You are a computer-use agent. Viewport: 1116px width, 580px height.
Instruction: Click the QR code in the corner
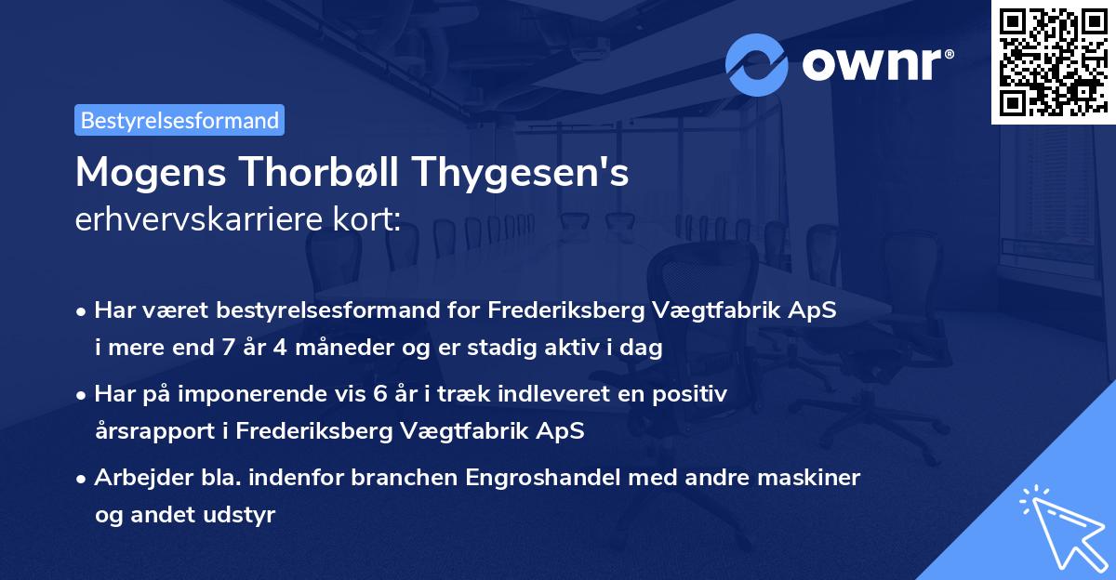[x=1052, y=62]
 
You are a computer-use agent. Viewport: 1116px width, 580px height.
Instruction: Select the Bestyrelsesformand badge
[x=179, y=120]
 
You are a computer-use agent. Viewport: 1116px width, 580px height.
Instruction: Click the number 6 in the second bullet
[x=379, y=394]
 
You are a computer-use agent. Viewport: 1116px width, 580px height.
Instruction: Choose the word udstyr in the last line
[x=246, y=514]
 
